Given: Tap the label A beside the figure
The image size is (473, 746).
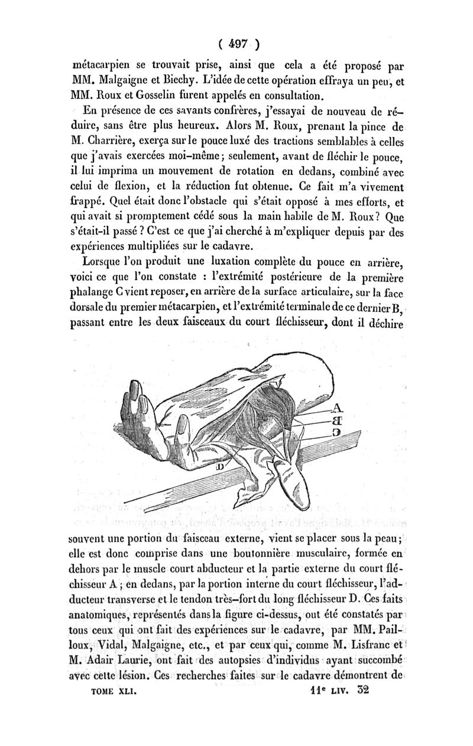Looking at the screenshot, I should (338, 407).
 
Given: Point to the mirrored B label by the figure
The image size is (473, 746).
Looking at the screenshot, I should (338, 421).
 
